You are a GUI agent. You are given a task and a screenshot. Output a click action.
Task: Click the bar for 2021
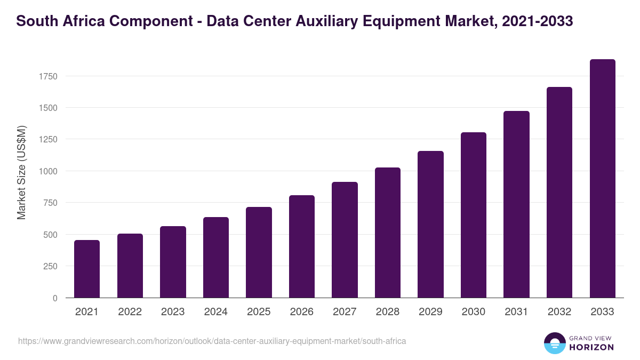tap(87, 269)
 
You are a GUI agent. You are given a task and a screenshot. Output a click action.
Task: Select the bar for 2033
tap(602, 179)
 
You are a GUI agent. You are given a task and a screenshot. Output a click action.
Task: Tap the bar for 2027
tap(345, 240)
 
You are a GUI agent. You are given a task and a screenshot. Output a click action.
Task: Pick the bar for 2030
tap(474, 215)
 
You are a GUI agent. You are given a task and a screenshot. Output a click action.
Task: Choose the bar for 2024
tap(216, 258)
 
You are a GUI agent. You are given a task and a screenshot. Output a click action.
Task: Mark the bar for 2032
tap(559, 193)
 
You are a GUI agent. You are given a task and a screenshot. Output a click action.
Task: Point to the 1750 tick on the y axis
tap(48, 76)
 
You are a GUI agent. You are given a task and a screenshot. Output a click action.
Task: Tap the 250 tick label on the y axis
tap(50, 266)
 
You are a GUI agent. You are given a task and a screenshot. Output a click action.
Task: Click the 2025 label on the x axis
tap(259, 312)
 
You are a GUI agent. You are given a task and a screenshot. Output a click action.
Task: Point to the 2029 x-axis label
tap(430, 312)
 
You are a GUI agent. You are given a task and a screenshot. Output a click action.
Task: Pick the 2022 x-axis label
tap(130, 312)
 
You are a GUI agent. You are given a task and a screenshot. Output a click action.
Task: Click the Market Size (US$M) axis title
tap(21, 172)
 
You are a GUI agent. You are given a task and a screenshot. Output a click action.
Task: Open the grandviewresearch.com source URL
tap(212, 341)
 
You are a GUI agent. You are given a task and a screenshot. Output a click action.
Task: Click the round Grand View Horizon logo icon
tap(555, 343)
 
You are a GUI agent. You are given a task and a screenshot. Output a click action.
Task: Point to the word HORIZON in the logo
tap(591, 347)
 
